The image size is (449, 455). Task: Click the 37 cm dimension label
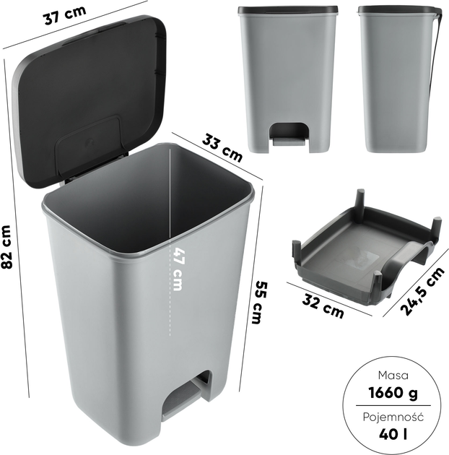click(x=65, y=14)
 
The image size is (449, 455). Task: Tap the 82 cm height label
click(x=6, y=247)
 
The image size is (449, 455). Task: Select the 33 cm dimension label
click(x=222, y=148)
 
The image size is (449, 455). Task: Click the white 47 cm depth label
click(x=178, y=269)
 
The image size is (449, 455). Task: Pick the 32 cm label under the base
click(x=323, y=305)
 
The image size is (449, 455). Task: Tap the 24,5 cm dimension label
click(x=422, y=291)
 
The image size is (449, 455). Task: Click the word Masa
click(x=393, y=376)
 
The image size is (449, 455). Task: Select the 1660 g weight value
click(x=393, y=393)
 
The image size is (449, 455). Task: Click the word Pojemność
click(x=393, y=417)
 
